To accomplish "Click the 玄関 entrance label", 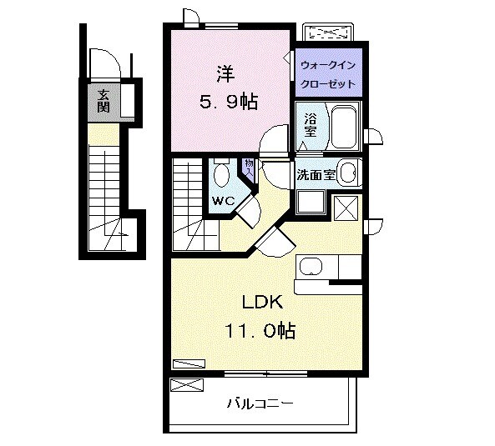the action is (x=104, y=101).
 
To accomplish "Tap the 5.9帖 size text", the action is (x=228, y=102).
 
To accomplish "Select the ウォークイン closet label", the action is (x=328, y=65).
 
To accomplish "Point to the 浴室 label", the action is (x=311, y=125).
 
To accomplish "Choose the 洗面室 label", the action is (x=316, y=174).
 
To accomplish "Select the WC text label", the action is (x=223, y=200).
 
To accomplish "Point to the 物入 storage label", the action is (x=249, y=168).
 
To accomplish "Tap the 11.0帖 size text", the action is (x=260, y=331).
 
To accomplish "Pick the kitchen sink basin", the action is (x=311, y=267).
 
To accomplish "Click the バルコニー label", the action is (x=260, y=403).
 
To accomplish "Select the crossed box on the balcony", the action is (x=187, y=385).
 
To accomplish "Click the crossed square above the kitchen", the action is (x=346, y=208).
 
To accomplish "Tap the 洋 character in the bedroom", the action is (x=225, y=73).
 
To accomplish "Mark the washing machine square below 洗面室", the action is (x=311, y=203).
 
